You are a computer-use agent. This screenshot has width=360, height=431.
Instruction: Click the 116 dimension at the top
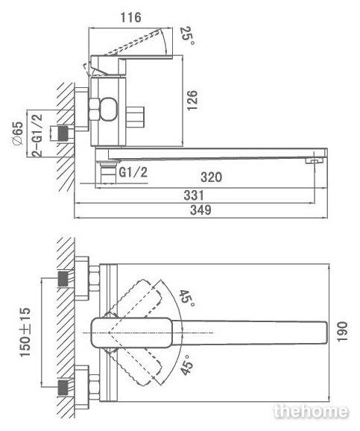click(131, 18)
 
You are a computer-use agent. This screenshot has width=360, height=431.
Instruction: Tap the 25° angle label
click(189, 36)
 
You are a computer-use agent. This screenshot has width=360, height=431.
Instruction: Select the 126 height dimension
click(192, 101)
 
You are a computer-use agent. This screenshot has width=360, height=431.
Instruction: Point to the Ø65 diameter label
click(18, 133)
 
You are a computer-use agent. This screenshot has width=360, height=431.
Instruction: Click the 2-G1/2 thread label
click(37, 135)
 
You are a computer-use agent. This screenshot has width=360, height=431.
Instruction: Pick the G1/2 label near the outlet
click(133, 172)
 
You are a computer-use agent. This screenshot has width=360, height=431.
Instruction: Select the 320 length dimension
click(211, 177)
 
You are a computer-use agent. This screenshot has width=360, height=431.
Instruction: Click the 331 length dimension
click(194, 195)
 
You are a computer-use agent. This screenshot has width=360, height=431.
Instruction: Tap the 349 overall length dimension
click(201, 210)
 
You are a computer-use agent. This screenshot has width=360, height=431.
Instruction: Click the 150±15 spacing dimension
click(25, 333)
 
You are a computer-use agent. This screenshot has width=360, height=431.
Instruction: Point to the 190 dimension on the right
click(342, 332)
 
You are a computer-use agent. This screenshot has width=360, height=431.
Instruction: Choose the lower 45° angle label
click(187, 365)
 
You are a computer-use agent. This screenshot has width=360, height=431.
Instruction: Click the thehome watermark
click(311, 411)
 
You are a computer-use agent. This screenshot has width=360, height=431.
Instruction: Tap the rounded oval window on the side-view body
click(109, 109)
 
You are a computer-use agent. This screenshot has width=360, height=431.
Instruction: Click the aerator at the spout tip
click(314, 160)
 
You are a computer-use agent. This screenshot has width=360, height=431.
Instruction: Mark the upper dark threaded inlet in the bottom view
click(63, 279)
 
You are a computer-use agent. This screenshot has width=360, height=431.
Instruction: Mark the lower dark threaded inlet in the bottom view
click(63, 387)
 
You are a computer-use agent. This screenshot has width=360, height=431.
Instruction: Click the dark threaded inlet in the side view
click(63, 133)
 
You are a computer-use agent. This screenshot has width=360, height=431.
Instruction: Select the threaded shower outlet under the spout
click(108, 173)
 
